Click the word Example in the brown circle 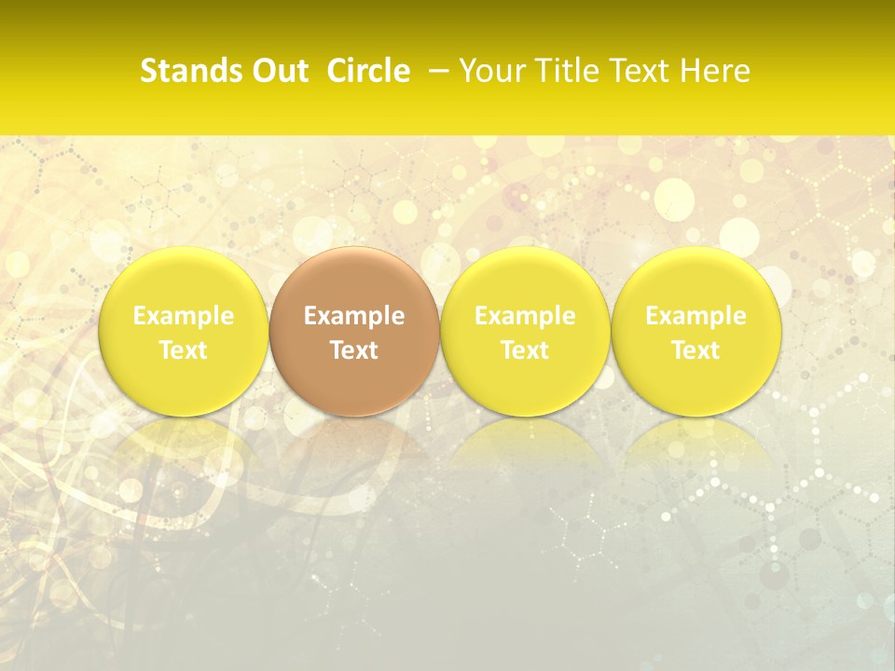click(x=354, y=316)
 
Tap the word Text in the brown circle click(x=354, y=350)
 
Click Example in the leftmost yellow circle click(x=184, y=316)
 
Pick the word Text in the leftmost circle click(x=184, y=350)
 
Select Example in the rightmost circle click(x=696, y=316)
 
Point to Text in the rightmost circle click(x=696, y=350)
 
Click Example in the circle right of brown click(x=525, y=316)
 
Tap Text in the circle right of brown click(x=525, y=350)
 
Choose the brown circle click(x=354, y=280)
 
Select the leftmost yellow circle click(x=184, y=280)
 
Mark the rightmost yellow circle click(x=696, y=280)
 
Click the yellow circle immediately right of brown click(x=525, y=280)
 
